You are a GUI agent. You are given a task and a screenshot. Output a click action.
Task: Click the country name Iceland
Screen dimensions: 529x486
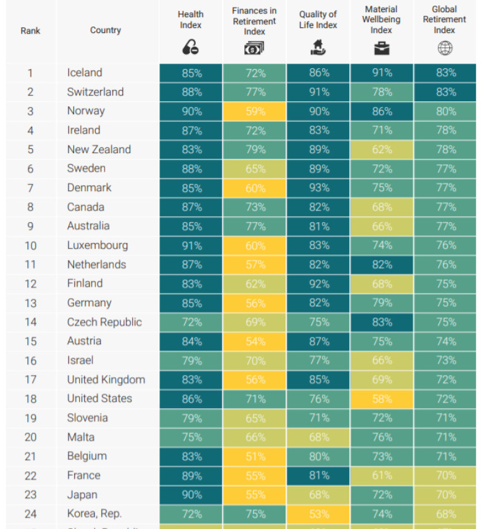coord(85,73)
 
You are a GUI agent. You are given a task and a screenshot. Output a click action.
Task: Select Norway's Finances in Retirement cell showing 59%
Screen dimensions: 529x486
coord(255,111)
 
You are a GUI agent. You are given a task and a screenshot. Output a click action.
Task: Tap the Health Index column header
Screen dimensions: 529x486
coord(190,20)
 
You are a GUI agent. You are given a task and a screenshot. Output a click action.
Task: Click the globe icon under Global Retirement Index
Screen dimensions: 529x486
coord(445,48)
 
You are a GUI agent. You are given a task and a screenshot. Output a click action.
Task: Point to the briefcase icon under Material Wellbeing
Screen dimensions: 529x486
coord(381,48)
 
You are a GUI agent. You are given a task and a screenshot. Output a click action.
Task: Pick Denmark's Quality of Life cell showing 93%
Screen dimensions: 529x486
coord(319,188)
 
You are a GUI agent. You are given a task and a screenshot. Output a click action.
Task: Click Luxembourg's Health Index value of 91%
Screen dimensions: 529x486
coord(192,246)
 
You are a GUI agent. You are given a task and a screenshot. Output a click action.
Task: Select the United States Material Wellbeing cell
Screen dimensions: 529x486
coord(382,399)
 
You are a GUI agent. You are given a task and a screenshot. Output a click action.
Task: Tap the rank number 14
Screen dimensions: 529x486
coord(30,322)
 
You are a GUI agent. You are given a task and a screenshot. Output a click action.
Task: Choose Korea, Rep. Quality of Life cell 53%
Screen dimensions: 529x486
coord(319,514)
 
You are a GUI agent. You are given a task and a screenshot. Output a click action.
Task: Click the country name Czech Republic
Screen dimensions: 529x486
coord(104,322)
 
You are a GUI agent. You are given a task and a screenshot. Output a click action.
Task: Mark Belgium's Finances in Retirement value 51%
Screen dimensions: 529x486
coord(255,457)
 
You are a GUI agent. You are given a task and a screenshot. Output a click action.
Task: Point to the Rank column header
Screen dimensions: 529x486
coord(30,30)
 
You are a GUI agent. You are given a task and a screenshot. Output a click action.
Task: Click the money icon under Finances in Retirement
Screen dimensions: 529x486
coord(254,48)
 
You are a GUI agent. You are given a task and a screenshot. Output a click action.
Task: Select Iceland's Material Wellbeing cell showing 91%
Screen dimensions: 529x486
coord(382,73)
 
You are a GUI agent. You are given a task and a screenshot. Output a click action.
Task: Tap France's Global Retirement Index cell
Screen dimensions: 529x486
coord(445,476)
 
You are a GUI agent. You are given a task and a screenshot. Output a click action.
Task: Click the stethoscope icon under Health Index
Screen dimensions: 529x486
coord(190,47)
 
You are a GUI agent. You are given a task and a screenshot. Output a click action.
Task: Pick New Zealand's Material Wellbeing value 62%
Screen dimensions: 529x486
coord(382,150)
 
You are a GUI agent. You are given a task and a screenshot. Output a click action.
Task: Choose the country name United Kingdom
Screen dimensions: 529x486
coord(106,380)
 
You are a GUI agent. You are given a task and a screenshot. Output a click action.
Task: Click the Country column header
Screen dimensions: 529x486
coord(105,30)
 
